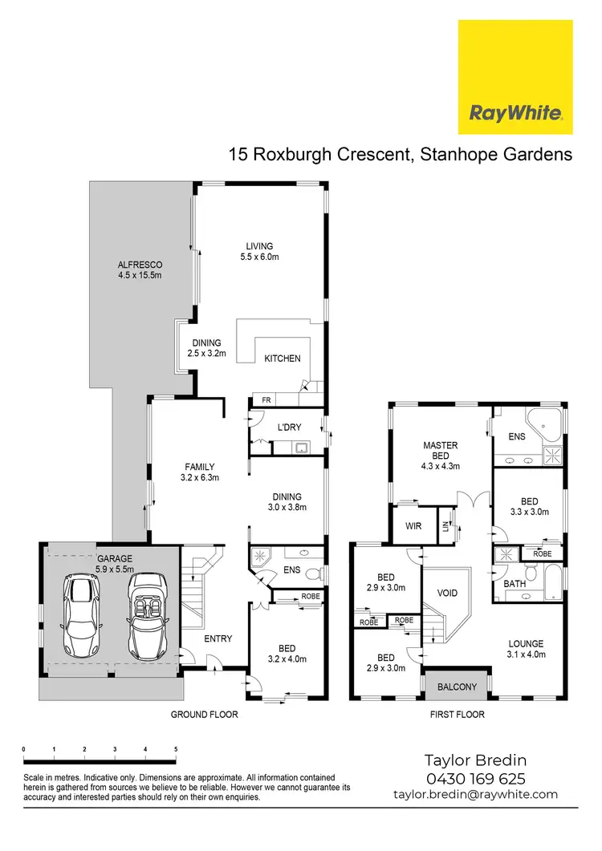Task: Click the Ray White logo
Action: tap(515, 77)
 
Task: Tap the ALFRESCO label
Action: tap(140, 265)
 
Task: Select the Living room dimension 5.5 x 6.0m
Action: tap(258, 257)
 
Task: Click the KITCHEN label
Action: tap(283, 359)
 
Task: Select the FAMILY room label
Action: tap(198, 467)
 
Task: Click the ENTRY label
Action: tap(218, 638)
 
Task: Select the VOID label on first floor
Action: tap(447, 593)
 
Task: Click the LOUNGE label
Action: tap(526, 643)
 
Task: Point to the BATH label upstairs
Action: tap(515, 584)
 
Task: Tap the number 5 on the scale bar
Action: tap(176, 749)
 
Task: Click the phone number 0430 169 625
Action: tap(474, 778)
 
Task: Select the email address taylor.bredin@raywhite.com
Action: tap(475, 794)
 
